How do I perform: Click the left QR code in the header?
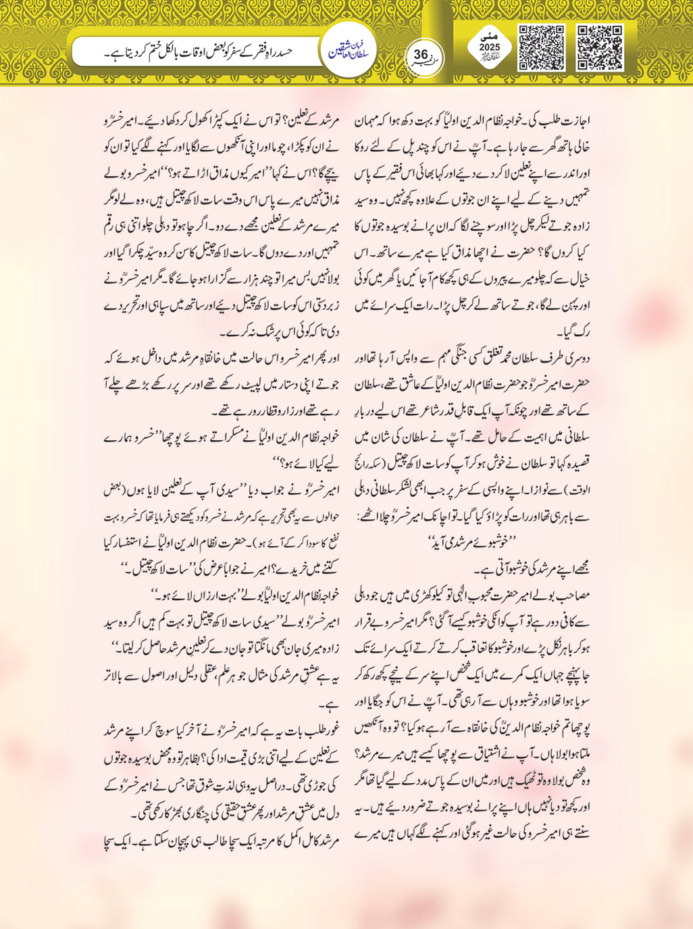point(541,48)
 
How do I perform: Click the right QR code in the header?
point(600,48)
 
